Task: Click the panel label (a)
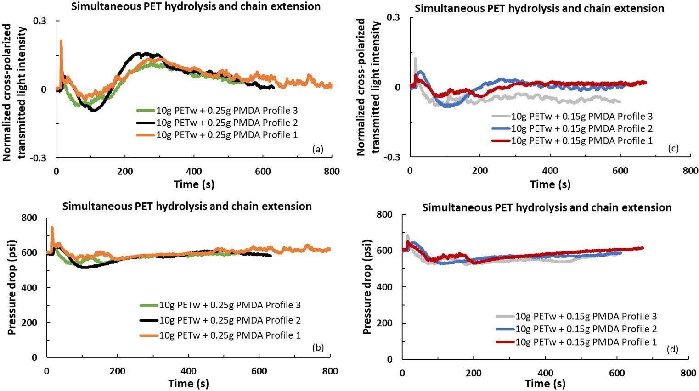point(317,149)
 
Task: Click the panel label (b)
point(318,347)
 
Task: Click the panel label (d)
point(672,350)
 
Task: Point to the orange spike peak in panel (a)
point(61,41)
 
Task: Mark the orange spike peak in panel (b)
point(52,227)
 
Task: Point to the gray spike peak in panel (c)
point(415,58)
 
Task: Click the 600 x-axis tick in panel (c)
point(620,170)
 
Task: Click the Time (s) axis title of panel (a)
point(194,184)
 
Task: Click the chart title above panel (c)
point(539,8)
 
